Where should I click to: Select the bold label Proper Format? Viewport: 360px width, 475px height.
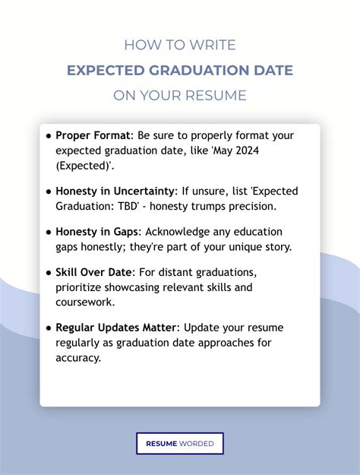pyautogui.click(x=93, y=135)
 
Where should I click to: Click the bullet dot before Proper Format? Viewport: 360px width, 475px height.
pyautogui.click(x=49, y=135)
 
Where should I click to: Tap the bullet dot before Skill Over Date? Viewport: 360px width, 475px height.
pyautogui.click(x=49, y=272)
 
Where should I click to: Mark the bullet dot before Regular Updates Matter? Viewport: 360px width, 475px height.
pyautogui.click(x=49, y=328)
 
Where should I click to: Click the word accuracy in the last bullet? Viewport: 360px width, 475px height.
pyautogui.click(x=77, y=358)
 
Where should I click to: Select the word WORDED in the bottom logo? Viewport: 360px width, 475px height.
pyautogui.click(x=197, y=444)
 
